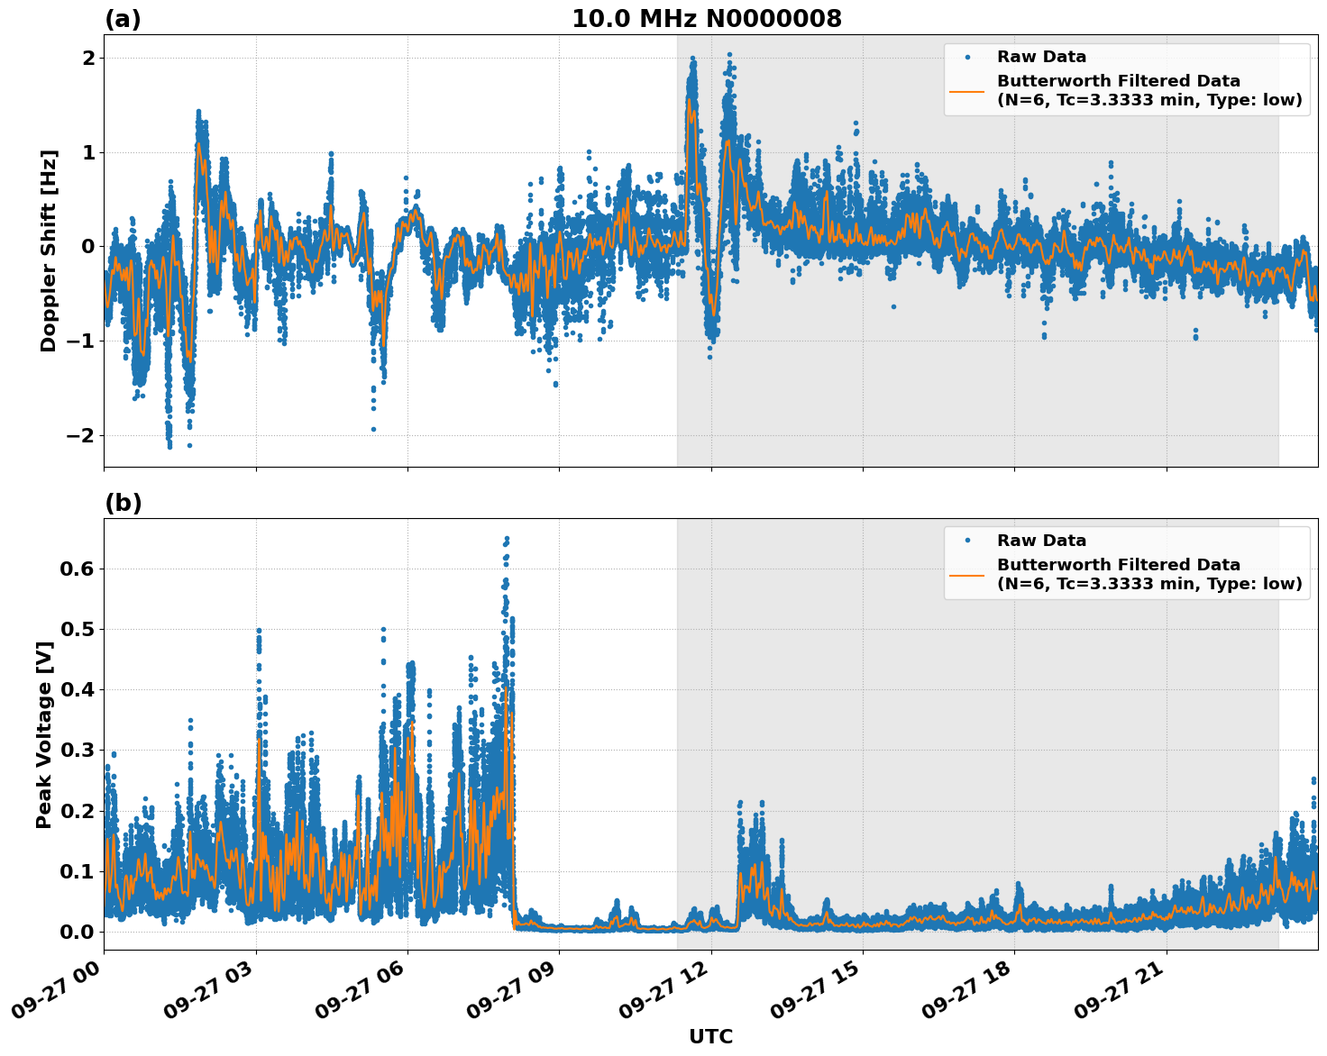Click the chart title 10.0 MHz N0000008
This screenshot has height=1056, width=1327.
click(x=706, y=19)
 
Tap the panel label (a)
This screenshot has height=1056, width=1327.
click(x=123, y=19)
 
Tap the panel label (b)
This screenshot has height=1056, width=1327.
click(x=123, y=503)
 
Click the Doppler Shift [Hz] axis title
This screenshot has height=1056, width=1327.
click(x=49, y=250)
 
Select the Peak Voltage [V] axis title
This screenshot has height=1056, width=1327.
click(x=44, y=734)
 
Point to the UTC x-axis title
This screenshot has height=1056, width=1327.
click(x=710, y=1036)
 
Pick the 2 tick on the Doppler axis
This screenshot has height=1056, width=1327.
click(x=89, y=58)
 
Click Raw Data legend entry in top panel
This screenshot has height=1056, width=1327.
click(x=1041, y=57)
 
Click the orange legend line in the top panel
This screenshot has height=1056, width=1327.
click(x=967, y=90)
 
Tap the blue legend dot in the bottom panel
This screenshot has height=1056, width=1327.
click(x=967, y=541)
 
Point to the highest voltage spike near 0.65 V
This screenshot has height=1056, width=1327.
click(x=507, y=539)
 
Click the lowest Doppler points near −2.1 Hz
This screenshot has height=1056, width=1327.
click(x=169, y=444)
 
